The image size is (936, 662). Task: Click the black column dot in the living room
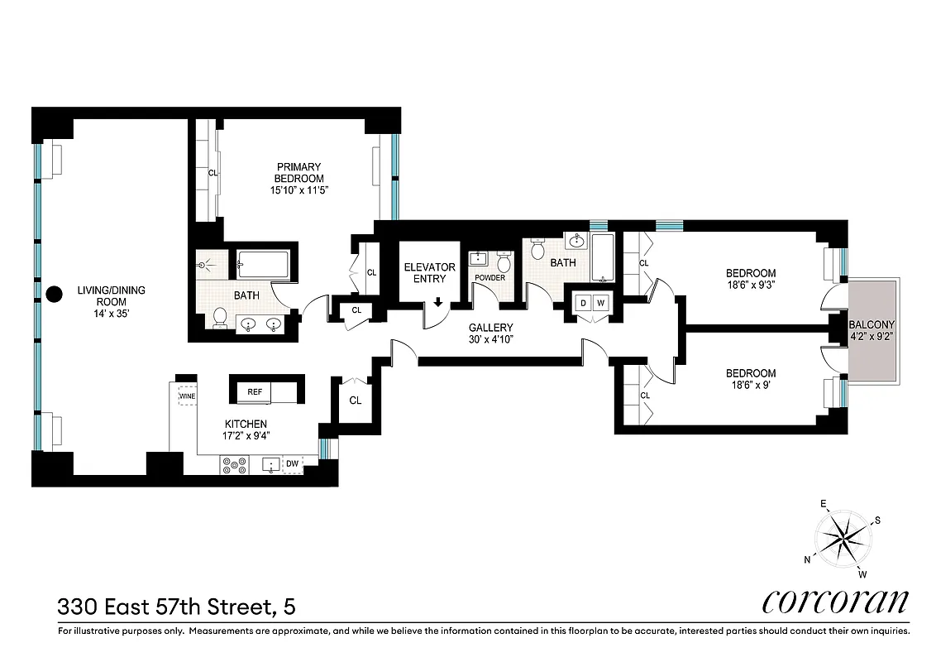(55, 293)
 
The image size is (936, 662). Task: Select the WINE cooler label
(186, 396)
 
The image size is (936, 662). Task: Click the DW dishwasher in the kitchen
(292, 465)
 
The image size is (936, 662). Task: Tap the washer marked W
(601, 303)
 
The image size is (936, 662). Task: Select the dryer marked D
(582, 303)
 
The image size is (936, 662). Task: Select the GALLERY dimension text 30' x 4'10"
(491, 339)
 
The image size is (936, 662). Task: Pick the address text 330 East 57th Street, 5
(176, 607)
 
